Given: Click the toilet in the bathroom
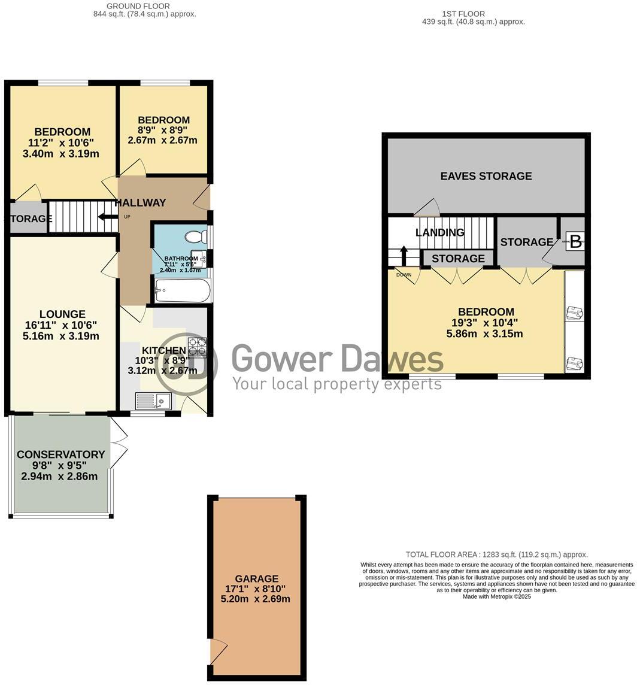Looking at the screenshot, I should point(195,236).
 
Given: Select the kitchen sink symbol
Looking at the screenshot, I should point(153,400).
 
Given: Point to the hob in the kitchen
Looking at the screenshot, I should point(198,347).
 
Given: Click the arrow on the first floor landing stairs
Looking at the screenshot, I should point(404,255).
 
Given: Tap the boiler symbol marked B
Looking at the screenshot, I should point(575,242).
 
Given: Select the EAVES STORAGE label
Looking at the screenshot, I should point(486,176).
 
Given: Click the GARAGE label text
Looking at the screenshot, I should point(256,578).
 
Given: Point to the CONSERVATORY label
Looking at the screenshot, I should point(60,454).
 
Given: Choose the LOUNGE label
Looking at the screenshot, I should point(62,314).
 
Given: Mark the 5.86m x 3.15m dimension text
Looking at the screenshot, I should point(484,334).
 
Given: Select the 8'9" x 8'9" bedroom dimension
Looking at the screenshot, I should point(162,130).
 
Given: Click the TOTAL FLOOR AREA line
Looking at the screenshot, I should point(496,554).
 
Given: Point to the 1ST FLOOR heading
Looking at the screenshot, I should point(463,14).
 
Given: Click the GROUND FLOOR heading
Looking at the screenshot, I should point(138,6).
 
